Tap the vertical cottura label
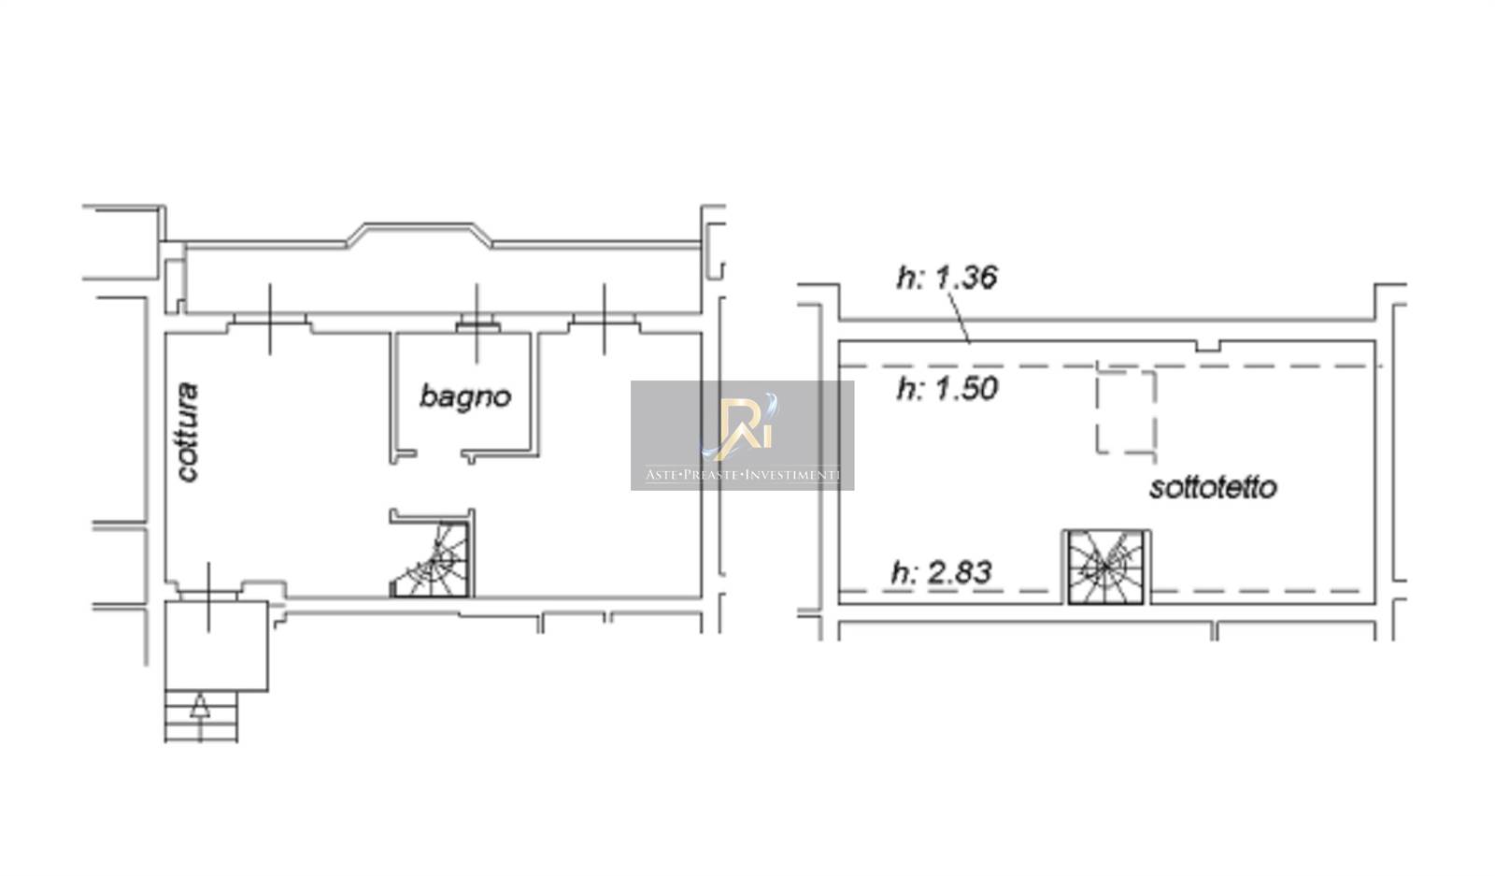tap(188, 432)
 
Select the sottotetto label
tap(1213, 487)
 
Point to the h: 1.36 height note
tap(947, 278)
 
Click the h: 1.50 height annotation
tap(947, 389)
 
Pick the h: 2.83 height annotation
tap(942, 572)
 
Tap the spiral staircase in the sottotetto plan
tap(1106, 567)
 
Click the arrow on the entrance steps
tap(198, 707)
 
